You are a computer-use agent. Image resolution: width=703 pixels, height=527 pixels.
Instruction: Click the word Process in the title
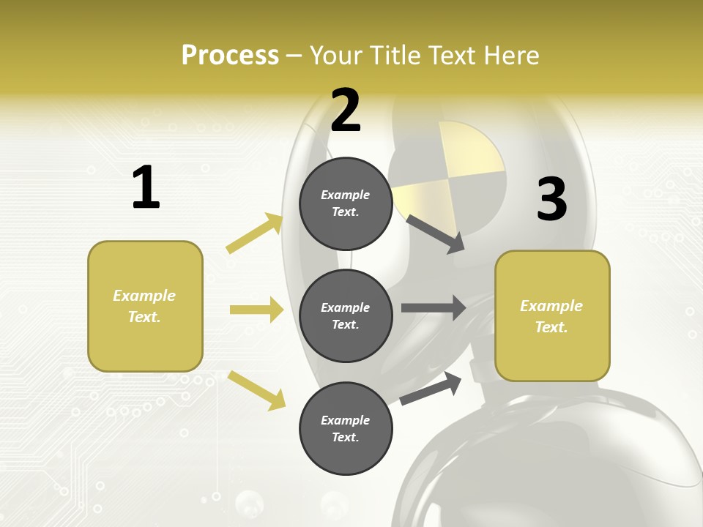[230, 55]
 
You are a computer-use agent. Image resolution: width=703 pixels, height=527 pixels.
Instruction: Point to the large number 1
[146, 187]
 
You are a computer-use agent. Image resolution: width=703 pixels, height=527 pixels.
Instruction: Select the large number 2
[346, 110]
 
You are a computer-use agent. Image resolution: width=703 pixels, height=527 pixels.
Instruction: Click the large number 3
[551, 200]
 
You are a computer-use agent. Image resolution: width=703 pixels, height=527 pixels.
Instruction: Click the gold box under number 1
[145, 306]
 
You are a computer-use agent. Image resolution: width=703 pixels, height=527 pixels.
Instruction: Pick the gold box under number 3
[552, 315]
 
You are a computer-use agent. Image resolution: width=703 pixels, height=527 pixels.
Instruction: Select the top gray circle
[346, 203]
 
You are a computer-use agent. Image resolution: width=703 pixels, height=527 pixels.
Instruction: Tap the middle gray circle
[346, 315]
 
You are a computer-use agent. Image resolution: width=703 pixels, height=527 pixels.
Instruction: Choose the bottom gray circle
[346, 428]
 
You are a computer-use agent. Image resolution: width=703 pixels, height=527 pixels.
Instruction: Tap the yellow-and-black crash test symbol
[449, 177]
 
